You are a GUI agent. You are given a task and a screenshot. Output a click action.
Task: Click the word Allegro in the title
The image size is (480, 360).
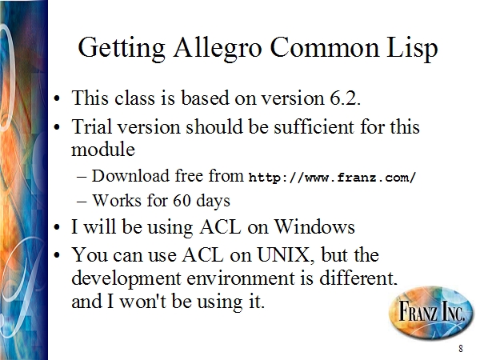218,48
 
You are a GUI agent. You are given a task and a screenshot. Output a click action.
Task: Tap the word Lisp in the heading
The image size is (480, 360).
412,48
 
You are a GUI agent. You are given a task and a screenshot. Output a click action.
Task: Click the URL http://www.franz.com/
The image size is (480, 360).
332,178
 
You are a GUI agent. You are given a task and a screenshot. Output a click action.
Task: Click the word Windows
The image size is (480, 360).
314,227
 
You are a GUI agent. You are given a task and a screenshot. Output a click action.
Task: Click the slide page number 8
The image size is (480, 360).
461,348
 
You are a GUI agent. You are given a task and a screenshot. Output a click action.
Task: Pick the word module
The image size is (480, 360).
103,150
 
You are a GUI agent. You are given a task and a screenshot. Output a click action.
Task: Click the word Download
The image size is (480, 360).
130,176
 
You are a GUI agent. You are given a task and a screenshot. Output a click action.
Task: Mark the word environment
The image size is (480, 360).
241,278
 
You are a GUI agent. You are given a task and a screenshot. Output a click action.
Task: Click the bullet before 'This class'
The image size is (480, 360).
57,99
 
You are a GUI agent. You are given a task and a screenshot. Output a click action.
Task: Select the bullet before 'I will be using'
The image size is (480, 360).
57,227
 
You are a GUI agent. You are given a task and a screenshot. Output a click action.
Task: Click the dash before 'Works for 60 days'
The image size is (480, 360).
82,202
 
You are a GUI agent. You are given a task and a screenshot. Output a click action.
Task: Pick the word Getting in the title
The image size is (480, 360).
122,48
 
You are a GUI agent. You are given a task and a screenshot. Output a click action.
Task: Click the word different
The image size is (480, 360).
358,278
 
